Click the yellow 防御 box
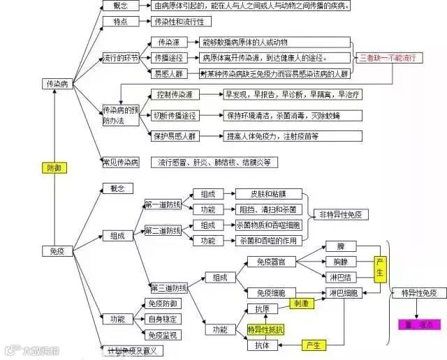54,167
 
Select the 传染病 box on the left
57,84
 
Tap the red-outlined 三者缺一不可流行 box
392,58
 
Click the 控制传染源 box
174,94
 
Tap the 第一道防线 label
163,204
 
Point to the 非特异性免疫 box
344,215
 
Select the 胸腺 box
340,262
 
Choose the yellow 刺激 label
301,304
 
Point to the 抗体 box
261,345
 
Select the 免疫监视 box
162,335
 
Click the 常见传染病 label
120,163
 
